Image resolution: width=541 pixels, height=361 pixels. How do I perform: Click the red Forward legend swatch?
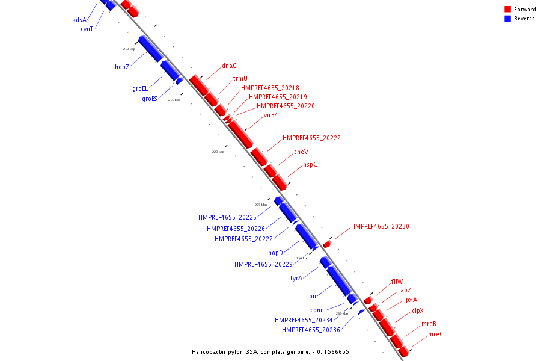[x=508, y=10]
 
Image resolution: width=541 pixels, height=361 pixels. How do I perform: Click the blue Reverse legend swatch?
[x=508, y=19]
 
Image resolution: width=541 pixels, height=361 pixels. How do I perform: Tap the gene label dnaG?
[x=229, y=66]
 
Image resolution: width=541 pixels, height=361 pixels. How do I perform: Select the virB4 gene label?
[x=270, y=116]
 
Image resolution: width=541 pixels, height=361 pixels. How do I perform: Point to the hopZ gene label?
[x=122, y=67]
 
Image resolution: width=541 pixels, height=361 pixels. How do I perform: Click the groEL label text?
[x=140, y=89]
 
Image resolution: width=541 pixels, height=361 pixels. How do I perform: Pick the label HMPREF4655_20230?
[x=380, y=227]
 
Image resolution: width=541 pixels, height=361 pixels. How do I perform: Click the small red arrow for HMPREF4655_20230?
[x=327, y=244]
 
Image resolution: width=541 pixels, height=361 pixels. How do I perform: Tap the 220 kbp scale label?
[x=218, y=152]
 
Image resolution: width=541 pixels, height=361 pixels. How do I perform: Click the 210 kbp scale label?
[x=129, y=49]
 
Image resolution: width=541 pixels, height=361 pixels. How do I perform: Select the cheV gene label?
[x=301, y=152]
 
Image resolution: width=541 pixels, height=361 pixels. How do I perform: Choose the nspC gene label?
[x=310, y=165]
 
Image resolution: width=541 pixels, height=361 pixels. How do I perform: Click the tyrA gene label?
[x=296, y=279]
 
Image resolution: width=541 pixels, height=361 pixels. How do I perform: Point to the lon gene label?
[x=311, y=297]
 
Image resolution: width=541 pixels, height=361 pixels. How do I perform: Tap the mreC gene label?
[x=435, y=335]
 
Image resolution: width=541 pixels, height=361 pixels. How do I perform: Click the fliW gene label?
[x=397, y=282]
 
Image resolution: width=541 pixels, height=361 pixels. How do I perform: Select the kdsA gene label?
[x=80, y=20]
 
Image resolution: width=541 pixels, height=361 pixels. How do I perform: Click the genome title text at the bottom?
[x=270, y=352]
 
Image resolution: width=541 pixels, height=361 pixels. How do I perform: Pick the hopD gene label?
[x=275, y=253]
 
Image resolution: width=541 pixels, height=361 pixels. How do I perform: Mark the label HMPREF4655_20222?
[x=311, y=138]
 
